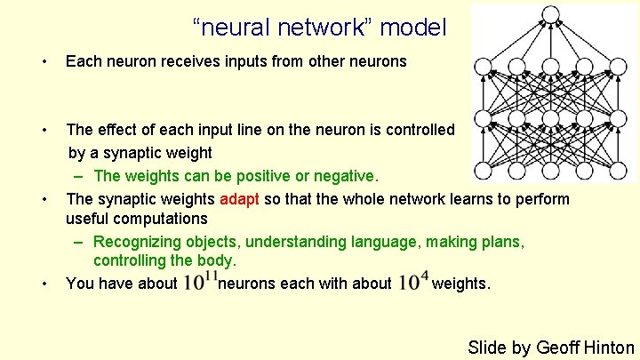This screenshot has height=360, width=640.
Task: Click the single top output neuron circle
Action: (x=550, y=14)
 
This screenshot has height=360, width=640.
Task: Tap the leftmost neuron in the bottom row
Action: (x=484, y=170)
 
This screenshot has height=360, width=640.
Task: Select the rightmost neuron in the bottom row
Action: (x=619, y=170)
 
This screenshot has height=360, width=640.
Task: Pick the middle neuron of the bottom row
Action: (x=551, y=170)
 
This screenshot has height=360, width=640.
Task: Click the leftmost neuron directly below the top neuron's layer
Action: (x=484, y=67)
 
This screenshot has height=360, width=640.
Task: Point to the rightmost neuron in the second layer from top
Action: (x=619, y=67)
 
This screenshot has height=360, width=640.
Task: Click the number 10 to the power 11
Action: (x=199, y=283)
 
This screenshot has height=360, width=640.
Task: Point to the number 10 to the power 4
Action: (x=413, y=283)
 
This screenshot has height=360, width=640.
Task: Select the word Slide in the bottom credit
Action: (x=486, y=348)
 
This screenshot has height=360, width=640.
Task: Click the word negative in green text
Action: (x=346, y=175)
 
